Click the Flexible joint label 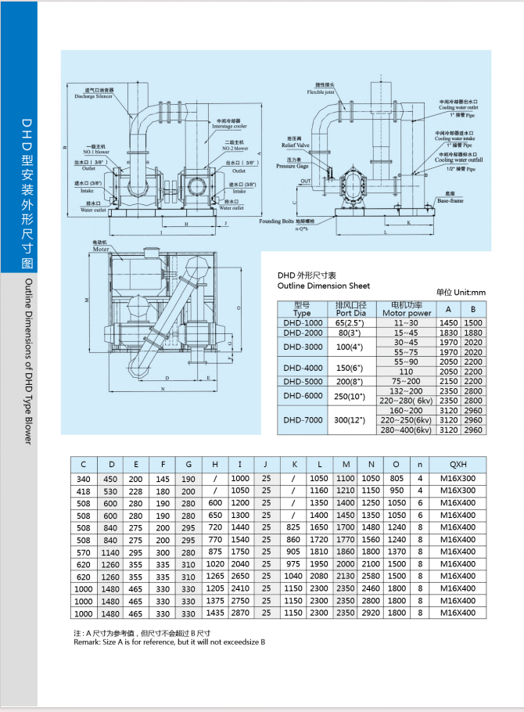coord(321,91)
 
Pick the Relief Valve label coord(296,146)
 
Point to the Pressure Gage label coord(294,167)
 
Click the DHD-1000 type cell coord(302,322)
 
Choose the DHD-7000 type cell coord(302,419)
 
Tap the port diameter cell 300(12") coord(350,419)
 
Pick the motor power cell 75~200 coord(405,381)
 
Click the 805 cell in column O coord(397,478)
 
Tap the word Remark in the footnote coord(87,642)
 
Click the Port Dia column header coord(350,312)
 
